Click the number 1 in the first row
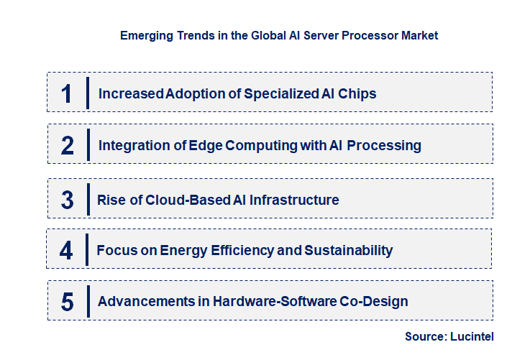(67, 93)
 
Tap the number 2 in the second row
(68, 146)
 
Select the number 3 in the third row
(67, 200)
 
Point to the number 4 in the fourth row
(66, 251)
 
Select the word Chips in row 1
(357, 93)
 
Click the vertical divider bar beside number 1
(87, 93)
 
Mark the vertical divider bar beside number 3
(87, 199)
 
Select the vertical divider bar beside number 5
(87, 301)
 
